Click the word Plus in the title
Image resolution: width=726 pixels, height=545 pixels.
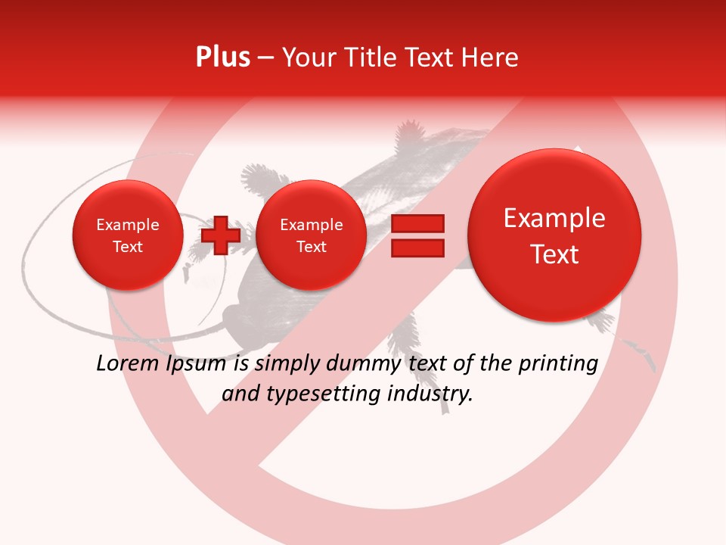[x=222, y=58]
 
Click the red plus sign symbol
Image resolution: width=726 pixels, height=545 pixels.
[x=221, y=235]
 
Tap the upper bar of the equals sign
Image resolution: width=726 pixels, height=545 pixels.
[x=417, y=223]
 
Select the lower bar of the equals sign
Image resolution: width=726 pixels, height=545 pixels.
[x=417, y=248]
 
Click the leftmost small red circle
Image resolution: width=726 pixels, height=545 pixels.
[x=128, y=235]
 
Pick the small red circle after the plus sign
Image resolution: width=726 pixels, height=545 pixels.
[x=311, y=235]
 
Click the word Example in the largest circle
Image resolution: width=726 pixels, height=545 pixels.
[x=554, y=219]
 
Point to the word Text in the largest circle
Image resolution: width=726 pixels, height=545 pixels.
[x=554, y=254]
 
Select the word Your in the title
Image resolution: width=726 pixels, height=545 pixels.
[x=306, y=58]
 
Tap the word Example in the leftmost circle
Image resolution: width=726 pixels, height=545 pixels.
[x=128, y=225]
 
